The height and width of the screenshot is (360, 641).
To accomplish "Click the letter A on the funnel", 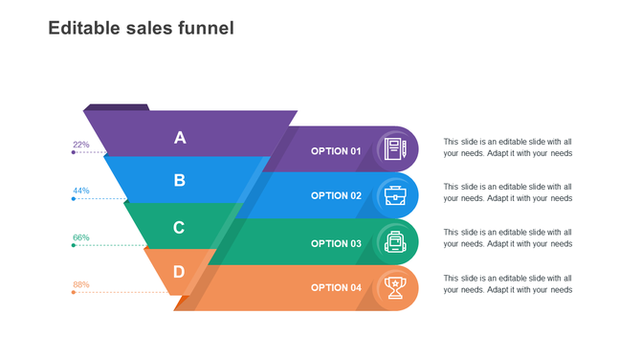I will pyautogui.click(x=180, y=138).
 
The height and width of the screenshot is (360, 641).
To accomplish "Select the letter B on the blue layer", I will pyautogui.click(x=180, y=180).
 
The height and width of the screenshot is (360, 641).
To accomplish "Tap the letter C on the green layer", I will pyautogui.click(x=179, y=228).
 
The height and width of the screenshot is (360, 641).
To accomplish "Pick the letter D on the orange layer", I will pyautogui.click(x=179, y=272).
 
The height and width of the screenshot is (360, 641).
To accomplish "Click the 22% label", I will pyautogui.click(x=81, y=145).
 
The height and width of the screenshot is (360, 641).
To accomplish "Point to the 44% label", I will pyautogui.click(x=81, y=191).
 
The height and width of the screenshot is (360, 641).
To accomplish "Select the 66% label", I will pyautogui.click(x=81, y=237).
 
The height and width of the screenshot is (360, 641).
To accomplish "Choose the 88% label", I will pyautogui.click(x=81, y=284).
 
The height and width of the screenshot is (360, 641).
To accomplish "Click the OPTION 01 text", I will pyautogui.click(x=336, y=151).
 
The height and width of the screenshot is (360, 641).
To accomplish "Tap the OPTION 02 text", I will pyautogui.click(x=336, y=195).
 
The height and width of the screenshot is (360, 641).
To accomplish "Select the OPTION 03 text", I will pyautogui.click(x=336, y=243).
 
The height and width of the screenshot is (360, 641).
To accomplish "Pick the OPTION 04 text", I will pyautogui.click(x=336, y=287).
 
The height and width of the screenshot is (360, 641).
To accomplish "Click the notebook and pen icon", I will pyautogui.click(x=395, y=149).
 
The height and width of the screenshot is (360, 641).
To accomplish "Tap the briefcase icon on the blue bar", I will pyautogui.click(x=395, y=195).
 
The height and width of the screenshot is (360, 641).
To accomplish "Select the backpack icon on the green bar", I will pyautogui.click(x=395, y=241).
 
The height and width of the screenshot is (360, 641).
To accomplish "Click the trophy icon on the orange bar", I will pyautogui.click(x=395, y=286).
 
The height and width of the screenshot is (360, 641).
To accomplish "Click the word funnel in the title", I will pyautogui.click(x=206, y=29).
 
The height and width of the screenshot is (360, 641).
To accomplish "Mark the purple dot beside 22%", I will pyautogui.click(x=74, y=152).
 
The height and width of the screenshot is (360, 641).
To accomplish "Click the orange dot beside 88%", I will pyautogui.click(x=74, y=292).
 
